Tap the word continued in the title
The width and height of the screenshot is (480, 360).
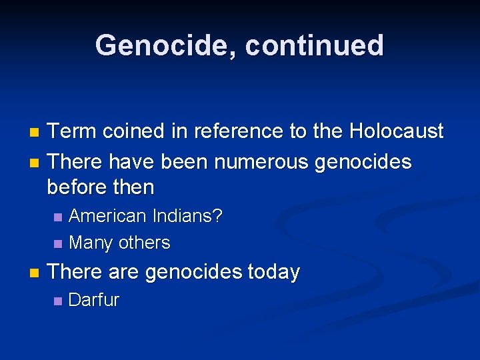tap(315, 45)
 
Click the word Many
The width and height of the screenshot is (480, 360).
tap(91, 243)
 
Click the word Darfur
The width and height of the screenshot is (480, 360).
tap(94, 300)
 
